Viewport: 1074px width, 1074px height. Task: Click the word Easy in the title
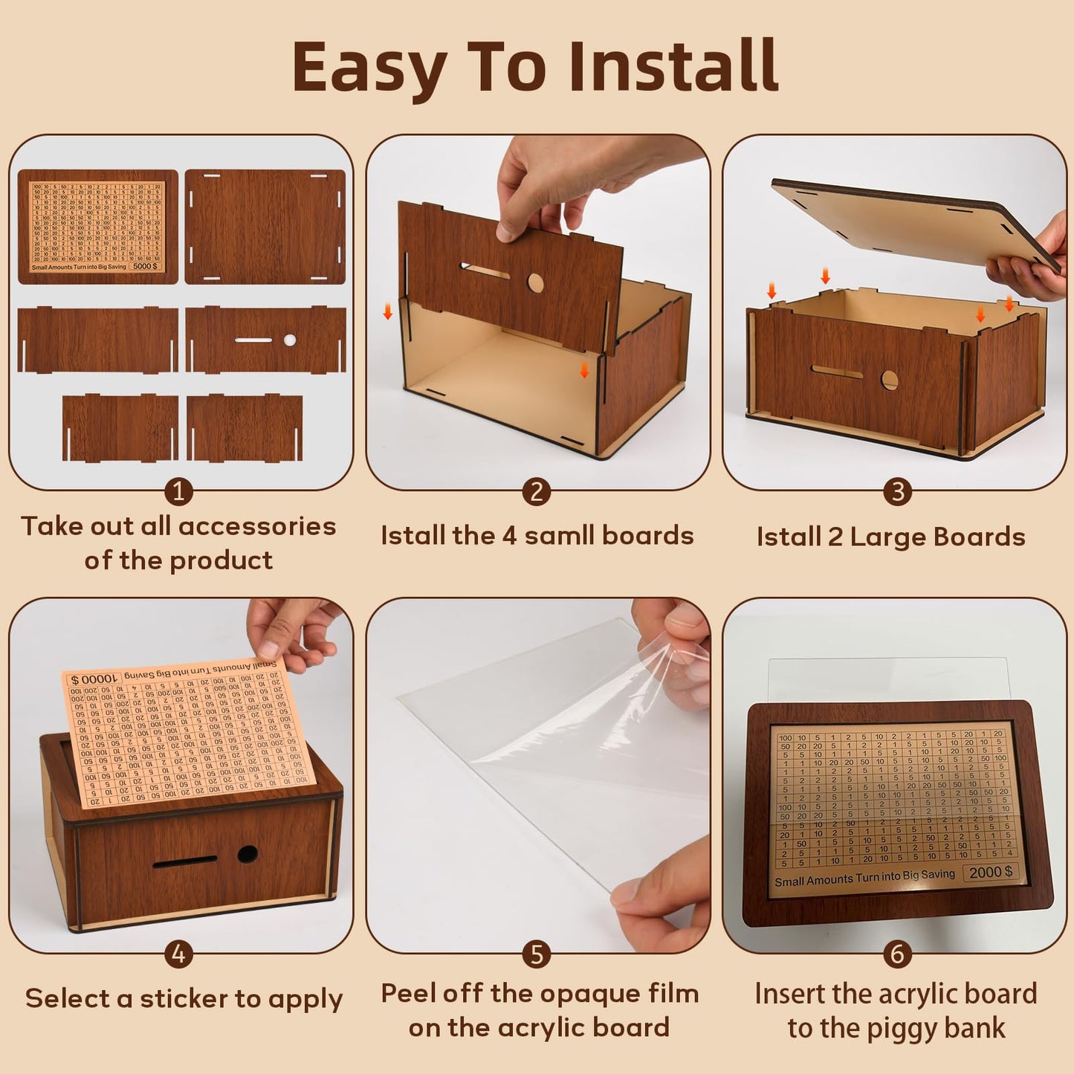(370, 68)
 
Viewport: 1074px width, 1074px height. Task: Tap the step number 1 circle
(178, 491)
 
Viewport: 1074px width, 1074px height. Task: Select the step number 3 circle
(897, 491)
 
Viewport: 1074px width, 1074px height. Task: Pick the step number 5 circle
(537, 954)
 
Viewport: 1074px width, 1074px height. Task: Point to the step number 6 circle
(897, 954)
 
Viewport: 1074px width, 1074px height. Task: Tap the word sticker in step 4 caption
(184, 998)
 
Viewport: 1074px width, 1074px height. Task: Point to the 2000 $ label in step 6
(991, 872)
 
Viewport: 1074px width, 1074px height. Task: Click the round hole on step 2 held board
(535, 282)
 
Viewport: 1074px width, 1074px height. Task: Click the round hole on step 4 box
(248, 854)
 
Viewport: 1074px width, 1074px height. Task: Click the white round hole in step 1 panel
(290, 340)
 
